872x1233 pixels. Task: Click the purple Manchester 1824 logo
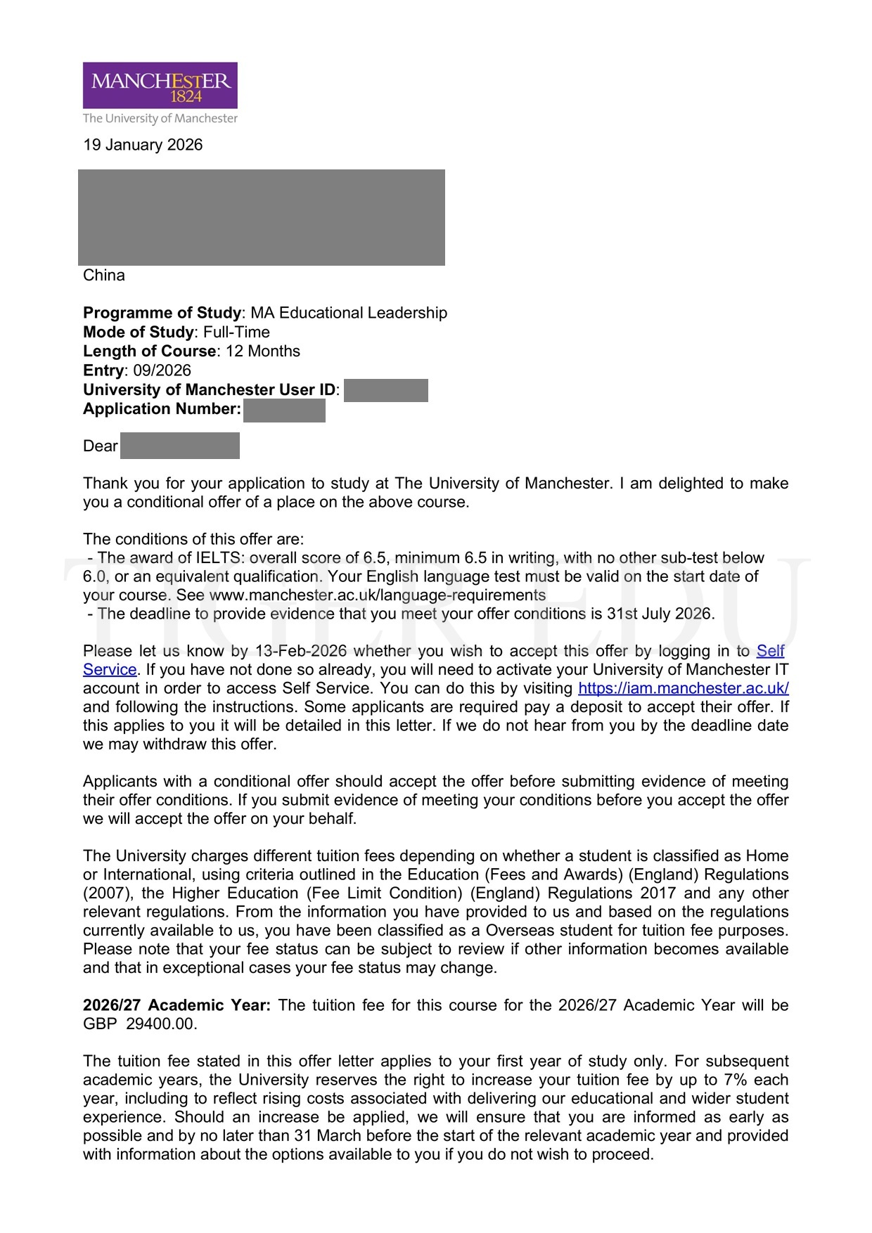[x=160, y=85]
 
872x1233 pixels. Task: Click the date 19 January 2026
[x=143, y=145]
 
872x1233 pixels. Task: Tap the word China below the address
[x=104, y=275]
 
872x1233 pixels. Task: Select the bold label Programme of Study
[x=162, y=313]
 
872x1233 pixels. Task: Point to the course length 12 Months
[x=263, y=351]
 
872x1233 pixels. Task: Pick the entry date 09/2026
[x=162, y=370]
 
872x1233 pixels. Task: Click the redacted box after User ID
[x=386, y=390]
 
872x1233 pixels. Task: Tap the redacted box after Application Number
[x=284, y=410]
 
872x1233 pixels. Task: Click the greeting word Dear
[x=100, y=446]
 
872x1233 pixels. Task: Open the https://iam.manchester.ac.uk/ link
[x=683, y=688]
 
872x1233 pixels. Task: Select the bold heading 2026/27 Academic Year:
[x=177, y=1005]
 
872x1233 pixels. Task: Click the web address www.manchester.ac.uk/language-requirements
[x=378, y=595]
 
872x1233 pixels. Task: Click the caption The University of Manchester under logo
[x=160, y=118]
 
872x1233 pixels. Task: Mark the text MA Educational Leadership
[x=349, y=313]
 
